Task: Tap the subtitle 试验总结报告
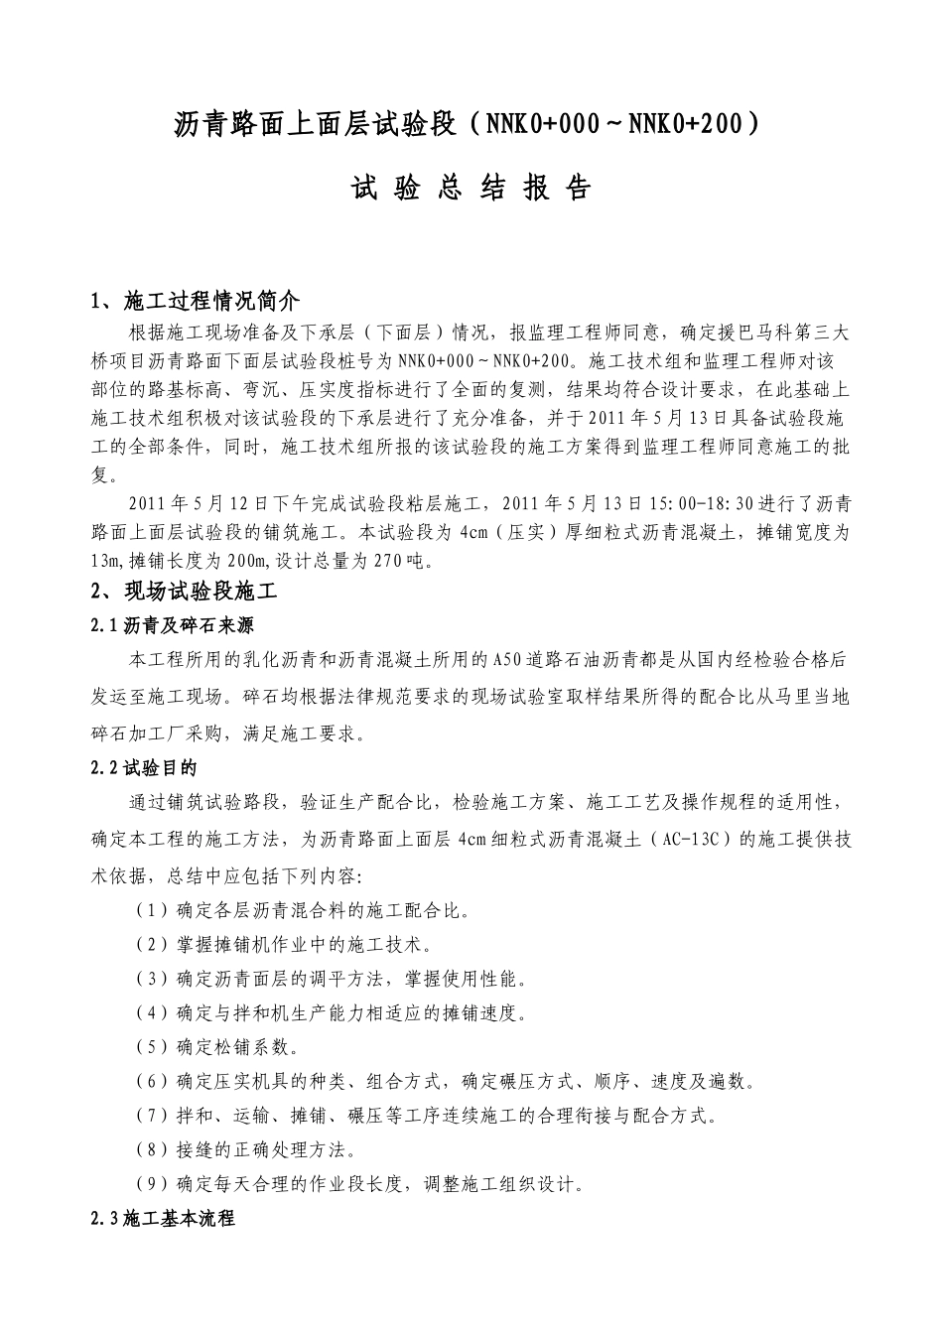point(471,188)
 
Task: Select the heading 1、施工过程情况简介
point(196,301)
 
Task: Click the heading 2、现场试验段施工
point(185,592)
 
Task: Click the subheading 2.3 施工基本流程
point(163,1218)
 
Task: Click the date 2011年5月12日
point(199,503)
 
